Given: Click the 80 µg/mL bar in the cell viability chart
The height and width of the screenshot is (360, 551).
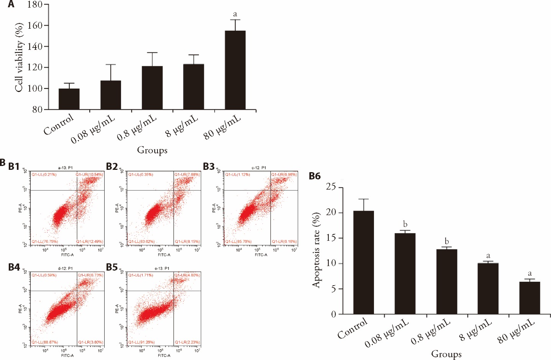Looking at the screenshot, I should (x=235, y=70).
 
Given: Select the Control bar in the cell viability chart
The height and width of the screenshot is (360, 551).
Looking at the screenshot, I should (x=69, y=99).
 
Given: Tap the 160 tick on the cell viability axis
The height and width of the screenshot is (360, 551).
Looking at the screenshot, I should (x=35, y=26).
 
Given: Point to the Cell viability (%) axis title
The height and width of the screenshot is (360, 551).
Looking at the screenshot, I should (x=19, y=58).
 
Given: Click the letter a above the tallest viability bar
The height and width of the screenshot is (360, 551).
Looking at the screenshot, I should (x=235, y=14).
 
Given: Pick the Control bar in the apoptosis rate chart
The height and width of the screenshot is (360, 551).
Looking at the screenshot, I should (x=363, y=263).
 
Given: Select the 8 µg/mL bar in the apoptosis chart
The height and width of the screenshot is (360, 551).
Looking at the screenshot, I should (x=488, y=289).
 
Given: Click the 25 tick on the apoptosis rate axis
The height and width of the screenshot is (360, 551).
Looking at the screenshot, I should (x=331, y=187).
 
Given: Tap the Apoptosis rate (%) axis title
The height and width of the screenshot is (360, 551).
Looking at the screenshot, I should (x=316, y=250).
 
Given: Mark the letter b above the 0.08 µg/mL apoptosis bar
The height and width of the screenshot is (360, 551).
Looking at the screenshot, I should (x=405, y=224).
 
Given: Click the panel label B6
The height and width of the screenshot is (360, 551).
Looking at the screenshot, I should (x=315, y=176).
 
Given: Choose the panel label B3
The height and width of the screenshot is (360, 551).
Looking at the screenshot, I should (x=209, y=166).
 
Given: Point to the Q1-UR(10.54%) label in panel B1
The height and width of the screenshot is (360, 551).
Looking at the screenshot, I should (x=89, y=175).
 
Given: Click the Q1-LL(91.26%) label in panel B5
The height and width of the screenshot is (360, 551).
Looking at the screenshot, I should (x=141, y=342).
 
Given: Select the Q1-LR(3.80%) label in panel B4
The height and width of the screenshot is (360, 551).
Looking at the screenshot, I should (x=90, y=342).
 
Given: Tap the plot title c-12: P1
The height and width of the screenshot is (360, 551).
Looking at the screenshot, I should (x=259, y=168).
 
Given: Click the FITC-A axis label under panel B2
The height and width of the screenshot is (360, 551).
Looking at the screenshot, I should (x=164, y=255).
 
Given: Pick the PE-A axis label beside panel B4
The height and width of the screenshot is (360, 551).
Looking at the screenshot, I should (x=20, y=309).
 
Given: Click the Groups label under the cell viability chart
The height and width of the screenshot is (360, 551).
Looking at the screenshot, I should (x=152, y=150).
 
